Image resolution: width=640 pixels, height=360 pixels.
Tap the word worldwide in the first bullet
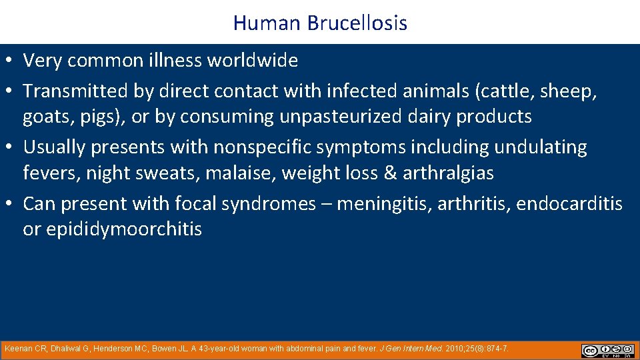point(253,61)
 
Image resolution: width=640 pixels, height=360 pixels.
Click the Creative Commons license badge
point(607,350)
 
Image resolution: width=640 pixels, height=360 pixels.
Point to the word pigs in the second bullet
point(105,117)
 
